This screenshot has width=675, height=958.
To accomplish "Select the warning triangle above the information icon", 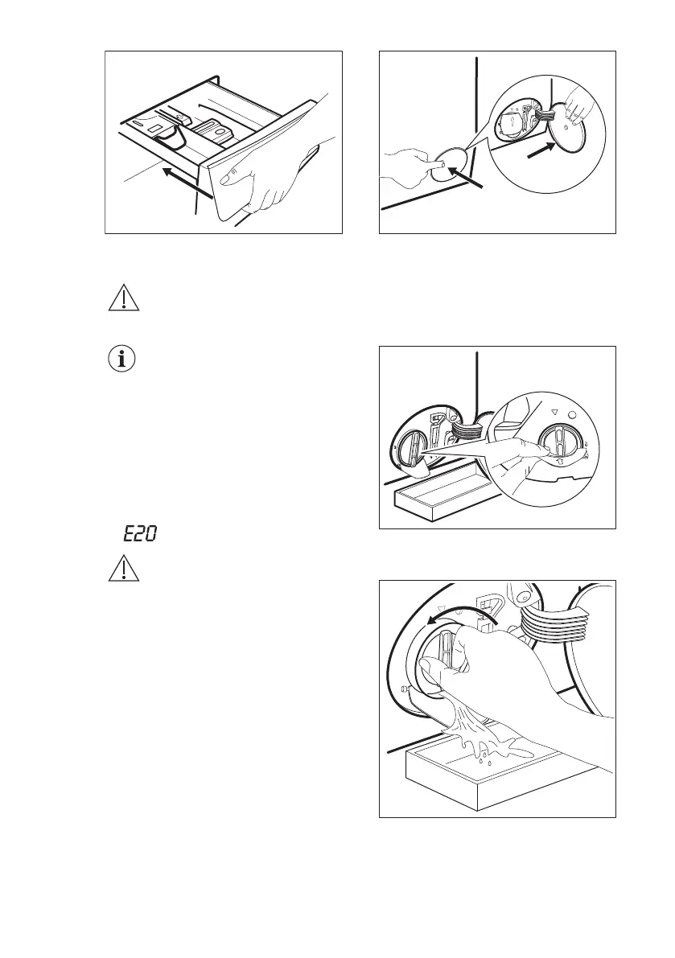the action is (122, 299).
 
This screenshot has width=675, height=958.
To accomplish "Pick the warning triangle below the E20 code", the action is (122, 570).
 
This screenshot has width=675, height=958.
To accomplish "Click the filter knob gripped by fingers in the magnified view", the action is (557, 447).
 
